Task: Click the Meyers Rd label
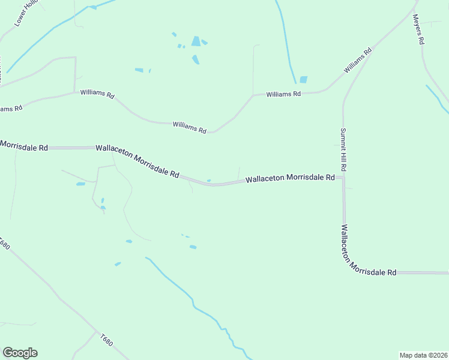pos(419,30)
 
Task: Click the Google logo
pos(20,353)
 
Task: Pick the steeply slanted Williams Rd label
pos(358,61)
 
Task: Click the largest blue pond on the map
pos(196,41)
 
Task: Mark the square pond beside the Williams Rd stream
pos(303,79)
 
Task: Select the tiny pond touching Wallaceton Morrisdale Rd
pos(208,180)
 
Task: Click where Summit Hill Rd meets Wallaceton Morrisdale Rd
pos(343,178)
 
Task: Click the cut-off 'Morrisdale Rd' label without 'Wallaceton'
pos(24,146)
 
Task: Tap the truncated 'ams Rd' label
pos(11,108)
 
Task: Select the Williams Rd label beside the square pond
pos(283,94)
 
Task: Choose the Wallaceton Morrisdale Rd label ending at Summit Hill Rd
pos(290,178)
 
